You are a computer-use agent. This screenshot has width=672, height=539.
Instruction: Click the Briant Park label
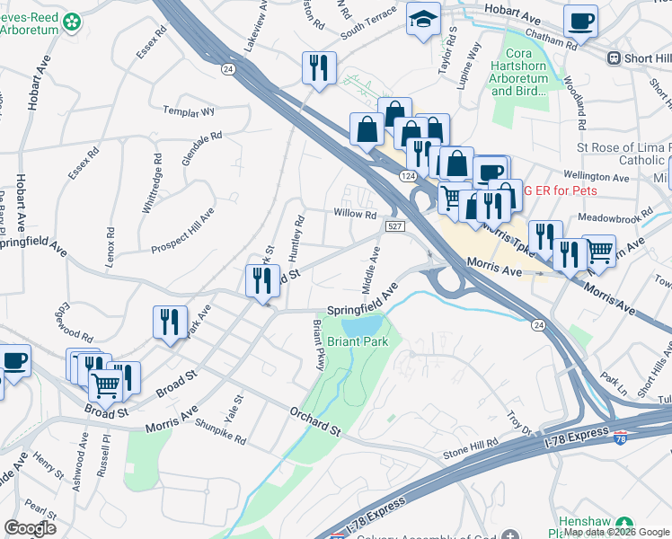point(357,342)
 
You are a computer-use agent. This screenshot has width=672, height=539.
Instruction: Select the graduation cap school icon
point(423,19)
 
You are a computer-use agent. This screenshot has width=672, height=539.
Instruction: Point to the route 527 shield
point(394,226)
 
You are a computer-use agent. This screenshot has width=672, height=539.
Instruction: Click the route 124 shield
point(406,176)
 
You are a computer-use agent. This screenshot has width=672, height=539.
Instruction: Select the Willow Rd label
point(355,214)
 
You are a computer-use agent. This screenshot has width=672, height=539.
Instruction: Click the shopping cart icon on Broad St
point(106,384)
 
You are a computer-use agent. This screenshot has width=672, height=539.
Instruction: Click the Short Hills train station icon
point(615,57)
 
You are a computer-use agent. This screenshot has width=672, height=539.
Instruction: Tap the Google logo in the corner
point(30,528)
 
